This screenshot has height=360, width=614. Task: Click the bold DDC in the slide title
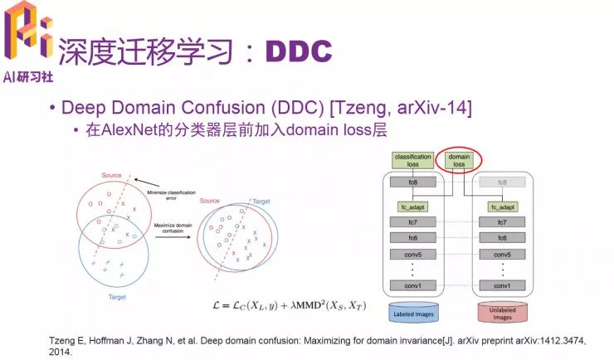[x=299, y=51]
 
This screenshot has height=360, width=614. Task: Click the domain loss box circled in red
[x=459, y=160]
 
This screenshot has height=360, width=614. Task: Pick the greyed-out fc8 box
[x=501, y=181]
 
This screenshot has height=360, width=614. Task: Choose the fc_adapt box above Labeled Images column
[x=412, y=206]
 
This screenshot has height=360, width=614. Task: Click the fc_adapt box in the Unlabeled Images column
[x=501, y=206]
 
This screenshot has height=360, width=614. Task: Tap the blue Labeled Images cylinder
[x=412, y=314]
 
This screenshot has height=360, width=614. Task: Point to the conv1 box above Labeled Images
[x=412, y=285]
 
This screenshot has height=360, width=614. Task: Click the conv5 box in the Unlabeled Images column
[x=501, y=253]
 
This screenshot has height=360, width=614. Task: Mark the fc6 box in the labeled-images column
[x=412, y=237]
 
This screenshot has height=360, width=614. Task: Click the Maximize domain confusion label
[x=172, y=228]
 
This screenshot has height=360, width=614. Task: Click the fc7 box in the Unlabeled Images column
[x=501, y=221]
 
